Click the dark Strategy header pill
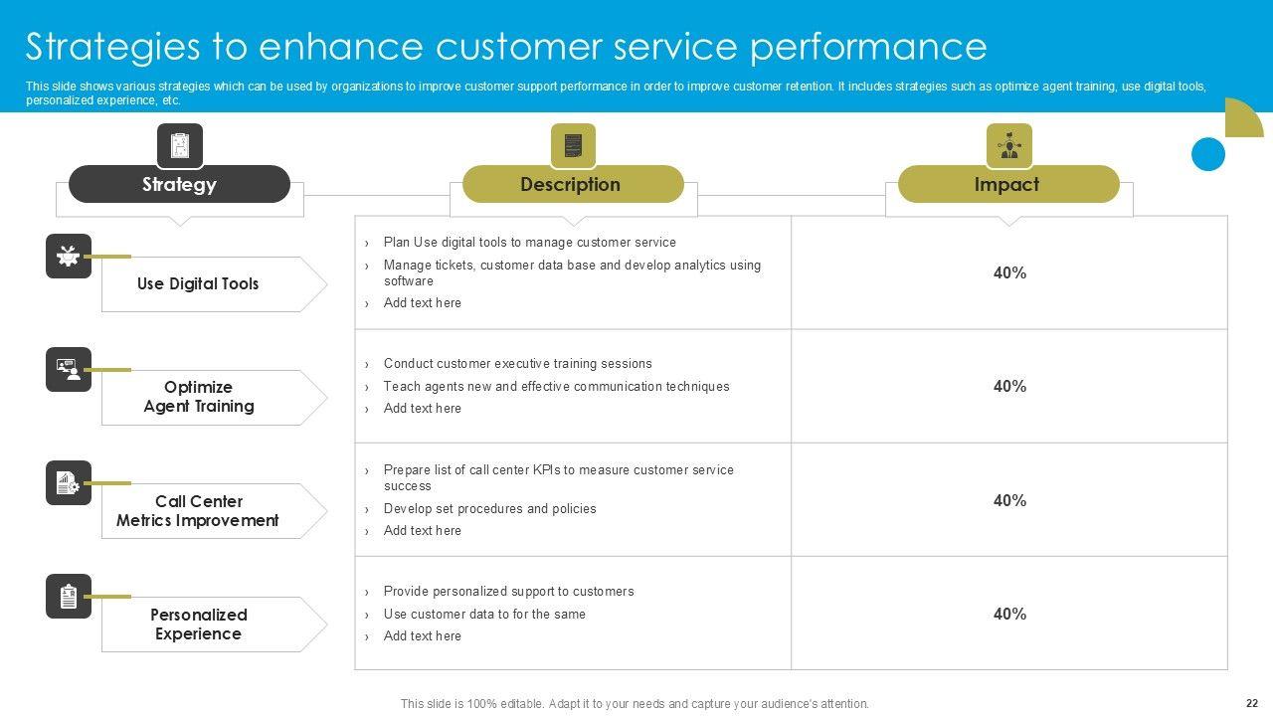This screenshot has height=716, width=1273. click(x=179, y=184)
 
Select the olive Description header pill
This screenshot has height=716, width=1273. click(x=573, y=184)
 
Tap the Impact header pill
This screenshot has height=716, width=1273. click(x=1007, y=184)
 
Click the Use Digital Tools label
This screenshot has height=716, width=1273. click(x=198, y=284)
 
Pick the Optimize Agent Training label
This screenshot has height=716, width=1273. click(x=199, y=397)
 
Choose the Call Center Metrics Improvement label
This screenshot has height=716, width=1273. click(x=198, y=511)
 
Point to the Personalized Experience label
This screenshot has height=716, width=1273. click(x=199, y=625)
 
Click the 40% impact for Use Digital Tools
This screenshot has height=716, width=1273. click(x=1009, y=272)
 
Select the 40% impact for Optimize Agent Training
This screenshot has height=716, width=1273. click(x=1009, y=386)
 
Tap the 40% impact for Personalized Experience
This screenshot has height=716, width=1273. click(x=1009, y=614)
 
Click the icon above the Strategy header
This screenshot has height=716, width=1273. click(x=180, y=146)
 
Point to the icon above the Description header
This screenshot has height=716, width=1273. click(x=573, y=146)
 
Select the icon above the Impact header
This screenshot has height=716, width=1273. click(x=1008, y=146)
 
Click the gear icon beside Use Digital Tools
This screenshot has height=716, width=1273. click(x=69, y=256)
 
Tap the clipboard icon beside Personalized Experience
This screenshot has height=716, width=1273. click(x=69, y=597)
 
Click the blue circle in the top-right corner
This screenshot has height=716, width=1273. click(x=1208, y=154)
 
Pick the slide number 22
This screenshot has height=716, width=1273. click(x=1251, y=702)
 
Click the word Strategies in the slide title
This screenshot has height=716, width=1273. click(x=111, y=47)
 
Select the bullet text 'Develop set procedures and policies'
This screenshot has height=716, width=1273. click(x=490, y=508)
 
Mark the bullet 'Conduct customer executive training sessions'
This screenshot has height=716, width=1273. click(x=518, y=364)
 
